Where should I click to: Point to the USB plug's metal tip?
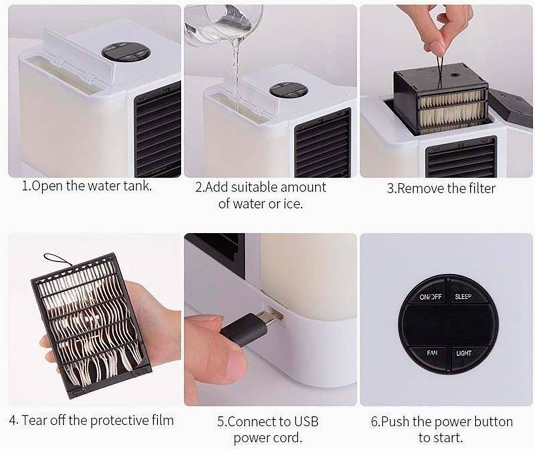click(x=274, y=316)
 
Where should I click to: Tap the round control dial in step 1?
click(x=125, y=53)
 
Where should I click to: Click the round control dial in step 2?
click(x=288, y=91)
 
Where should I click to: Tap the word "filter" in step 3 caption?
click(x=482, y=189)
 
